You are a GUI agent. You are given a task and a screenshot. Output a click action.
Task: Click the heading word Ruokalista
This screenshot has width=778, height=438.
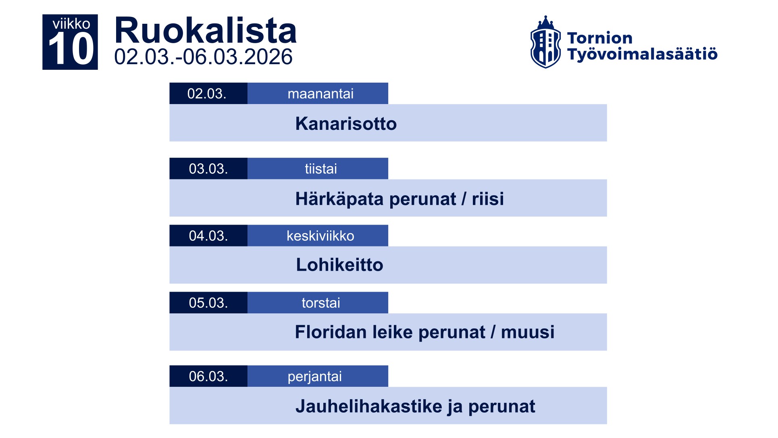coord(206,31)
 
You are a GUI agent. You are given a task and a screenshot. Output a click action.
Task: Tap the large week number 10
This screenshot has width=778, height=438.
coord(71,49)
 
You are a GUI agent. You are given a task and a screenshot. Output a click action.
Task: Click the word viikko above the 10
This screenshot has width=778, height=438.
coord(71,24)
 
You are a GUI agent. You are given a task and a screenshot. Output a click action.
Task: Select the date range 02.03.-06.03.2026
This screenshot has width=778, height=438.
coord(203,57)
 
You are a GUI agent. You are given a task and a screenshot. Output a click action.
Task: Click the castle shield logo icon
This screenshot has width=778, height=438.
coord(545,42)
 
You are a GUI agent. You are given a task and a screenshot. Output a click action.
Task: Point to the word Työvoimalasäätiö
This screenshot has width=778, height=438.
coord(642,54)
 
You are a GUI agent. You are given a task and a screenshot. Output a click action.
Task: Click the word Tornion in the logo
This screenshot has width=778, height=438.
coord(600,38)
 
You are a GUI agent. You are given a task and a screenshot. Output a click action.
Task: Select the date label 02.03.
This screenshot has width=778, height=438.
coord(207,94)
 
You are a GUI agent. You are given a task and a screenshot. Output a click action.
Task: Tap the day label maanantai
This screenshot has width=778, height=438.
coord(320,94)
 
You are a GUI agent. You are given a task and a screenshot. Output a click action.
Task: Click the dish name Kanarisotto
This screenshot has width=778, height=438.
coord(346,123)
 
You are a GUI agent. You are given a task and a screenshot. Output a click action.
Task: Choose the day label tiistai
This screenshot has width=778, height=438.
coord(320,169)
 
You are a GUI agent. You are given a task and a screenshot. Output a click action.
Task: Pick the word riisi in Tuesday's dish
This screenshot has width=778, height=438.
coord(488,198)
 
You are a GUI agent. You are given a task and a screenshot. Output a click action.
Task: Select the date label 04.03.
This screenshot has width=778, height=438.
coord(208,236)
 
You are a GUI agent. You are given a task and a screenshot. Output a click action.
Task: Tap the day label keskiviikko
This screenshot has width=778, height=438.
coord(320,236)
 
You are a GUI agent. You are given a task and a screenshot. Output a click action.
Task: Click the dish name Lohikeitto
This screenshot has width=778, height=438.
coord(339,265)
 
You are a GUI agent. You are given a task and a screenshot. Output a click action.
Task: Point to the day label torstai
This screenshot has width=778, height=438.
coord(321,302)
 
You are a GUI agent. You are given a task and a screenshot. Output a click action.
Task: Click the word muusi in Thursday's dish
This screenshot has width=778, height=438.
coord(528,332)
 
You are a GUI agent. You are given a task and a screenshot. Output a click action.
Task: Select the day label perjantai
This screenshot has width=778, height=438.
coord(314,376)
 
